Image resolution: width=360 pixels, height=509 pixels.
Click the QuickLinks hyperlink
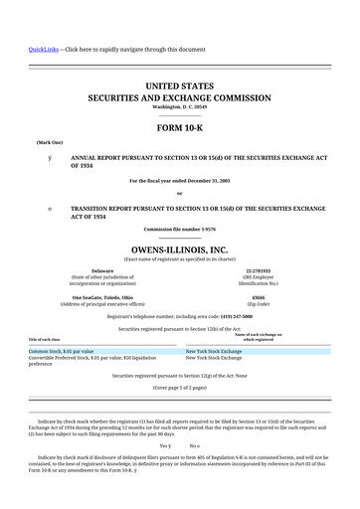(x=43, y=49)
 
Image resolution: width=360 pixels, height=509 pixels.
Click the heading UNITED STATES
(x=179, y=87)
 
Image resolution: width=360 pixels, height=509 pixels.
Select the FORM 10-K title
(x=179, y=129)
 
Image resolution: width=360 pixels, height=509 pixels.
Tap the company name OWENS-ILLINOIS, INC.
(x=179, y=250)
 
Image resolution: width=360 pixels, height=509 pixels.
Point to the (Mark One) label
(x=50, y=143)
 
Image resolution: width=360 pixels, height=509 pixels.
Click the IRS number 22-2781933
(x=258, y=270)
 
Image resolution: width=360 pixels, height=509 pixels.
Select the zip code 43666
(x=258, y=297)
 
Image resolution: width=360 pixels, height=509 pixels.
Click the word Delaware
(x=102, y=270)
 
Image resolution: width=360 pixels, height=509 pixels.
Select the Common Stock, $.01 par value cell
(x=62, y=351)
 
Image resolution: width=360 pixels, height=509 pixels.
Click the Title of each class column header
(x=44, y=340)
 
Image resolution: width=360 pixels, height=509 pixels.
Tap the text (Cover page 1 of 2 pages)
(x=179, y=387)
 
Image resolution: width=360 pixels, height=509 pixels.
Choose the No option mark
(x=195, y=445)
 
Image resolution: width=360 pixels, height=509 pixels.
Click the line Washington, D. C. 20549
(x=179, y=107)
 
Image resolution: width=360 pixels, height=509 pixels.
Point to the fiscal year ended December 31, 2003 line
(x=180, y=181)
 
